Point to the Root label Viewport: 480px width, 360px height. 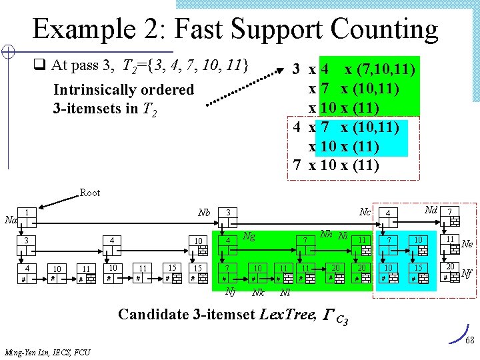point(90,193)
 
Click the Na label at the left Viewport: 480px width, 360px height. point(10,219)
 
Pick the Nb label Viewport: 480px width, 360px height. point(204,213)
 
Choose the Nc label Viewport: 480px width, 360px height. point(365,213)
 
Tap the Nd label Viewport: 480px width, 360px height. point(431,211)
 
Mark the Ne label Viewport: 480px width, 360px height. point(467,244)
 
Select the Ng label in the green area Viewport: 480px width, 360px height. point(249,235)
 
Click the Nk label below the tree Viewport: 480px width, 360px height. point(257,292)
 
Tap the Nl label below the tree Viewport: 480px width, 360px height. point(285,292)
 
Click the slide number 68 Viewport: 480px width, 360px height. point(469,341)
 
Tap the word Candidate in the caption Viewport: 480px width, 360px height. point(152,314)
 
